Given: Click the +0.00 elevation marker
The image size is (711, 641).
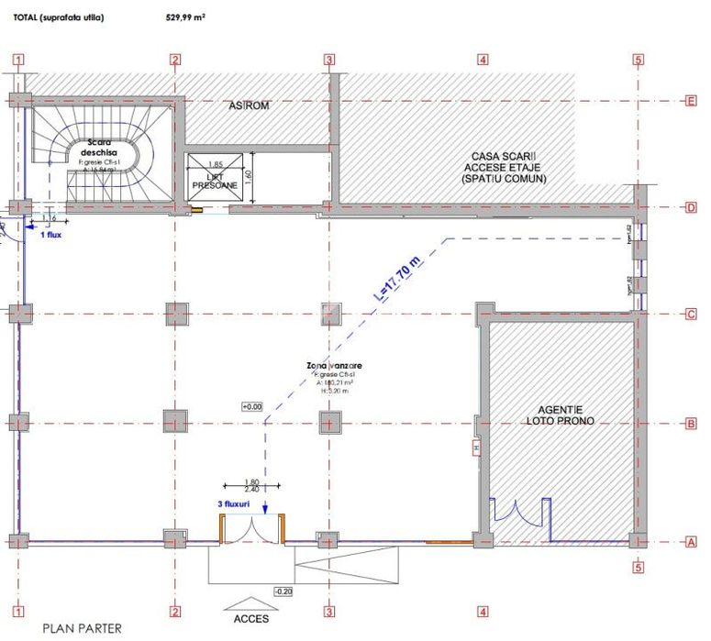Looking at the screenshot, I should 251,406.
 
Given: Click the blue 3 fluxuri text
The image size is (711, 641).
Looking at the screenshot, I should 234,504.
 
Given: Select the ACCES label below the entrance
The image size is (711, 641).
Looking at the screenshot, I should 250,618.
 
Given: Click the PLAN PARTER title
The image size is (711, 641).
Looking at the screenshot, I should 82,629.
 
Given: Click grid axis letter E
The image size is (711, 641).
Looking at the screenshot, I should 690,102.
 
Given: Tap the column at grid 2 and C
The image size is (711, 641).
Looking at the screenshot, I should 174,315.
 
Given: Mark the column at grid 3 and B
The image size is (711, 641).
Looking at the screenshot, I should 328,422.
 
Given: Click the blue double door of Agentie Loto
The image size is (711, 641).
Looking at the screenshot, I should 519,518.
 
